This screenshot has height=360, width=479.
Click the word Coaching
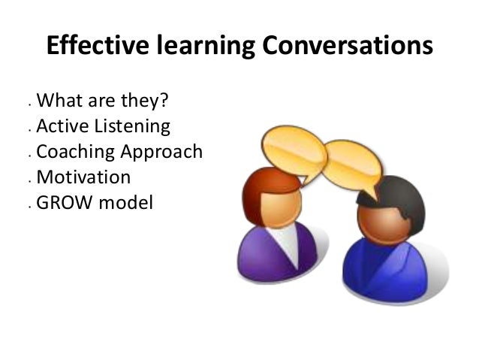point(76,152)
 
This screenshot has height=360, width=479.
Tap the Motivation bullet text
point(83,177)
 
